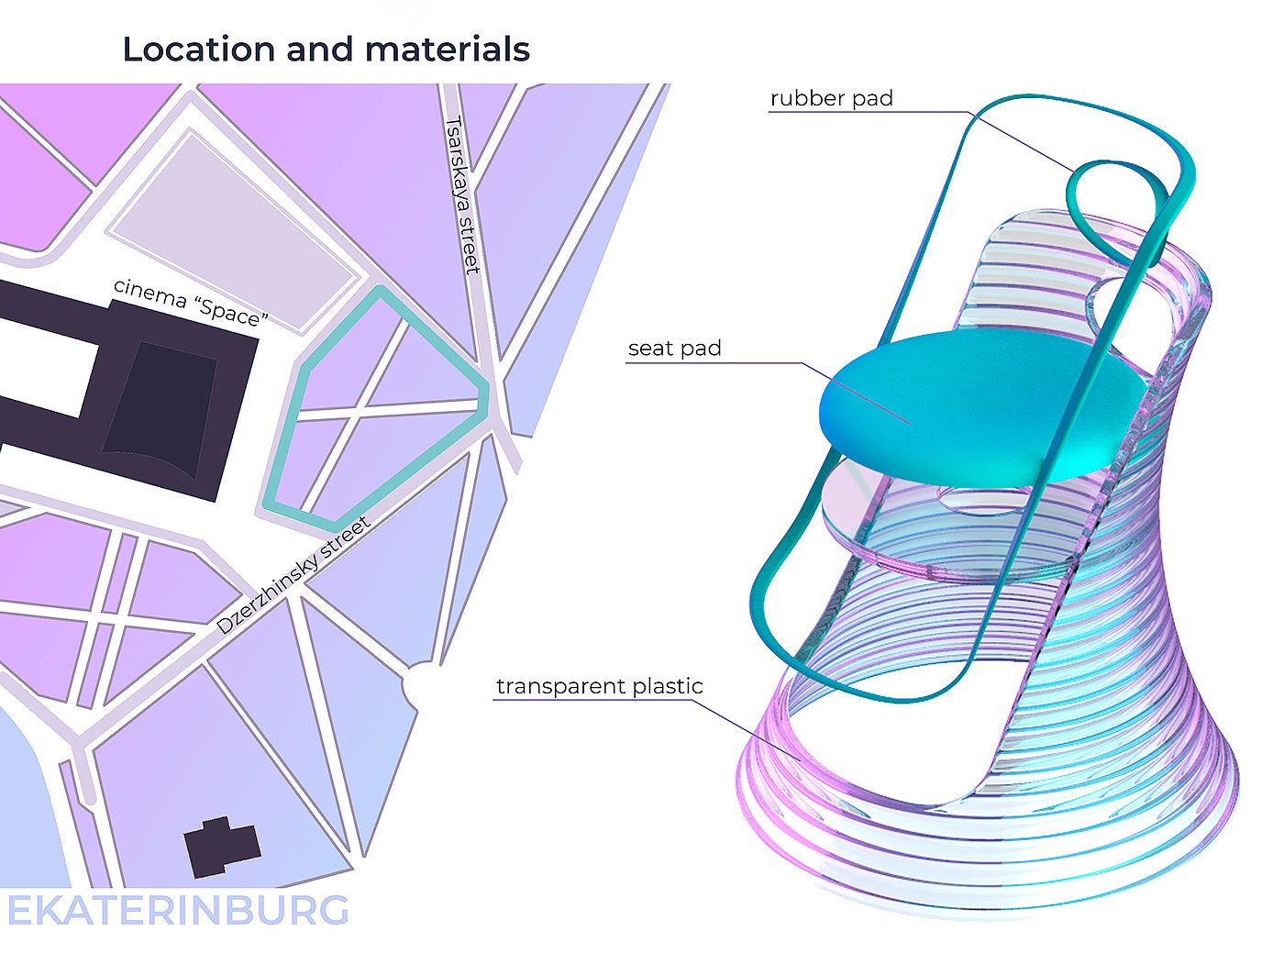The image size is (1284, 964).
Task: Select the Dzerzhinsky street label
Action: point(293,576)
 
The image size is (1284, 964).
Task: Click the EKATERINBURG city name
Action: point(178,911)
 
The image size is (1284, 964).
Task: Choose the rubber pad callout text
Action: point(831,98)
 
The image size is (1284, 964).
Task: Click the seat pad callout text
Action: point(674,349)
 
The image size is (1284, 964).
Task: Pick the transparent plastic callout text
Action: point(599,686)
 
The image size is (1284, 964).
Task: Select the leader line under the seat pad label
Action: point(715,363)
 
